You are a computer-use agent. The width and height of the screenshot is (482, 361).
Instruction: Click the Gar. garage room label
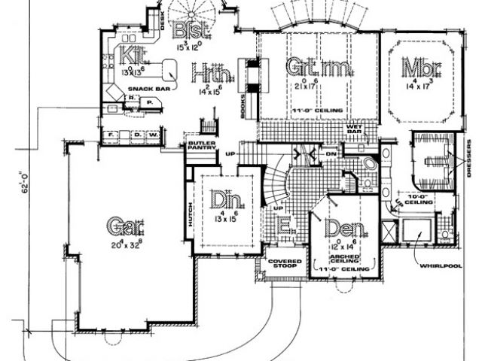click(125, 224)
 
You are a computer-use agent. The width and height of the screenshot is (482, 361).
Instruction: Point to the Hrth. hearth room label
click(211, 74)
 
